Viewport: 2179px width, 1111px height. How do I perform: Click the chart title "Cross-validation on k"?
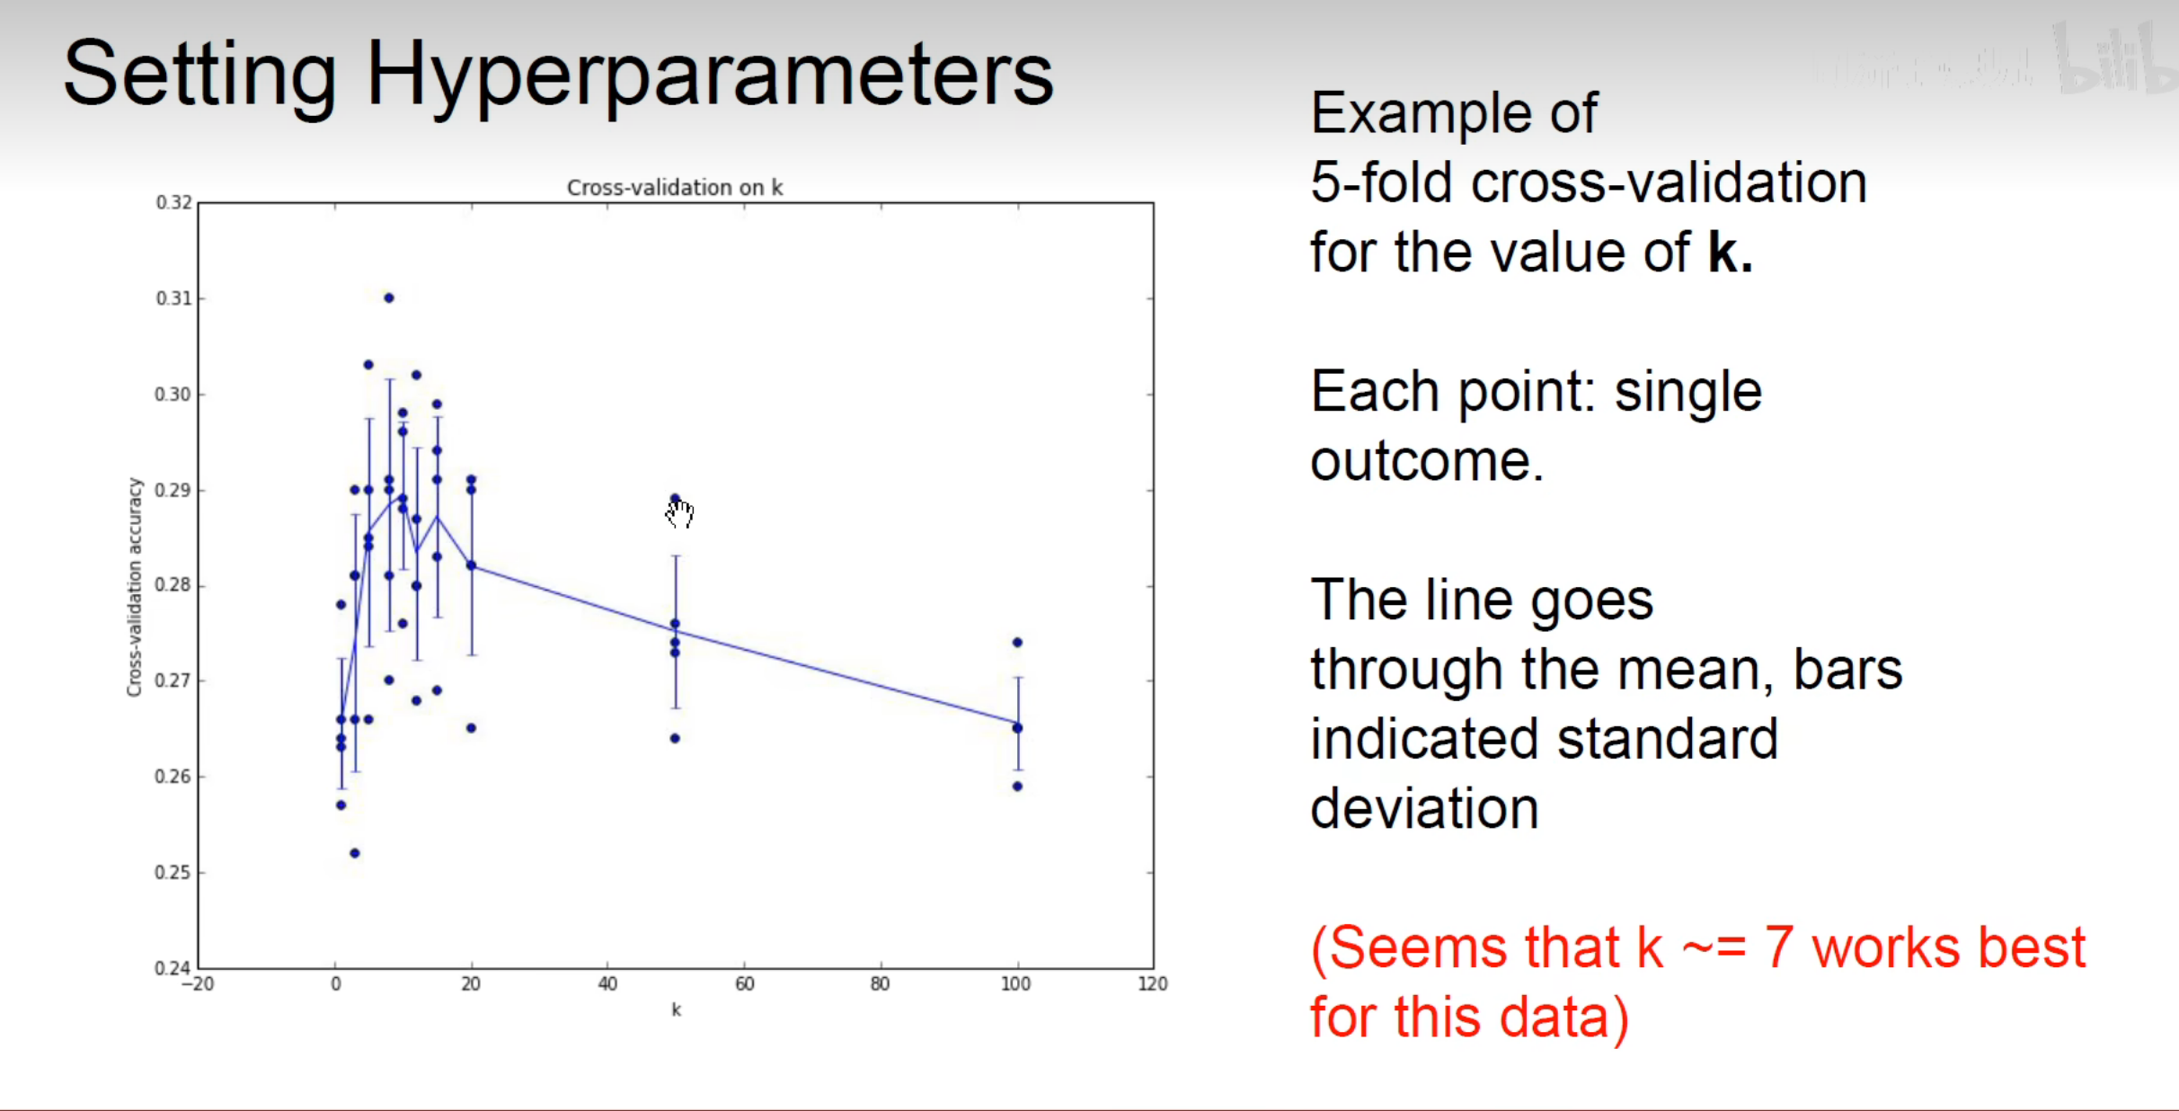675,187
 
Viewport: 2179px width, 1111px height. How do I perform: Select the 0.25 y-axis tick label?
174,872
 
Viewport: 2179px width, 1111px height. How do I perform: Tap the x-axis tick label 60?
744,983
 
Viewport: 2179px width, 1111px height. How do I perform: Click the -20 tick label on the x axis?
198,983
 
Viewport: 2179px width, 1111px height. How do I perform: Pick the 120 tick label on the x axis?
1153,983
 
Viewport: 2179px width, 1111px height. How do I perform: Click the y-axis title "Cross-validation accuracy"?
134,587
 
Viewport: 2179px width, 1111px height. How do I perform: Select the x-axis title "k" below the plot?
676,1009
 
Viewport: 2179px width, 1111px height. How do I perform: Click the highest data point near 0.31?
389,298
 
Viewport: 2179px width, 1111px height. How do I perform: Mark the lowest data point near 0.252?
355,853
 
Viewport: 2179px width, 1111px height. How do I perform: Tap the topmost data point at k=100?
1017,642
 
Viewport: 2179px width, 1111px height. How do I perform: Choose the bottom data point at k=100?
1017,787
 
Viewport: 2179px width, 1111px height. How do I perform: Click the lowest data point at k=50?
676,738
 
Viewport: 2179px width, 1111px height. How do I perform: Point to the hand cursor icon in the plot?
680,513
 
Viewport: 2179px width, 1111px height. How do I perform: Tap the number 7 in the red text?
1779,947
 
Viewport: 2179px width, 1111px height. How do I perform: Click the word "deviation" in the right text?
1424,807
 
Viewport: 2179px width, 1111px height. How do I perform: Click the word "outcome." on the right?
1427,461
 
